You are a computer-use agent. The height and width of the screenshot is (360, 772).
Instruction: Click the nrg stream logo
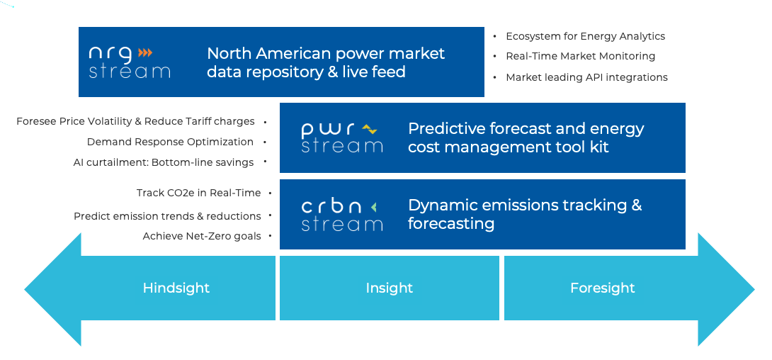(x=130, y=62)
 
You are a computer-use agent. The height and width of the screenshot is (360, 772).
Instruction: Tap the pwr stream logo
(x=341, y=137)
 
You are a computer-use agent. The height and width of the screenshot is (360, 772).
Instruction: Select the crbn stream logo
(x=341, y=215)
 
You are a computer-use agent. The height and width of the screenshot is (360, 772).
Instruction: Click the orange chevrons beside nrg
(x=145, y=52)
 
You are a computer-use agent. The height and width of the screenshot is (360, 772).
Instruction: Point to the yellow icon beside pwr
(x=369, y=129)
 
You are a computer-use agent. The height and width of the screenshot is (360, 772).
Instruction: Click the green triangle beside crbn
(x=374, y=208)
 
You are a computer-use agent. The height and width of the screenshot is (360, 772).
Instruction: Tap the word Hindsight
(x=176, y=288)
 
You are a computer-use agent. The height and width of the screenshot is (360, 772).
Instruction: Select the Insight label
(x=389, y=288)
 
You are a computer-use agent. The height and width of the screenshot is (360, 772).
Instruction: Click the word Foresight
(x=603, y=288)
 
